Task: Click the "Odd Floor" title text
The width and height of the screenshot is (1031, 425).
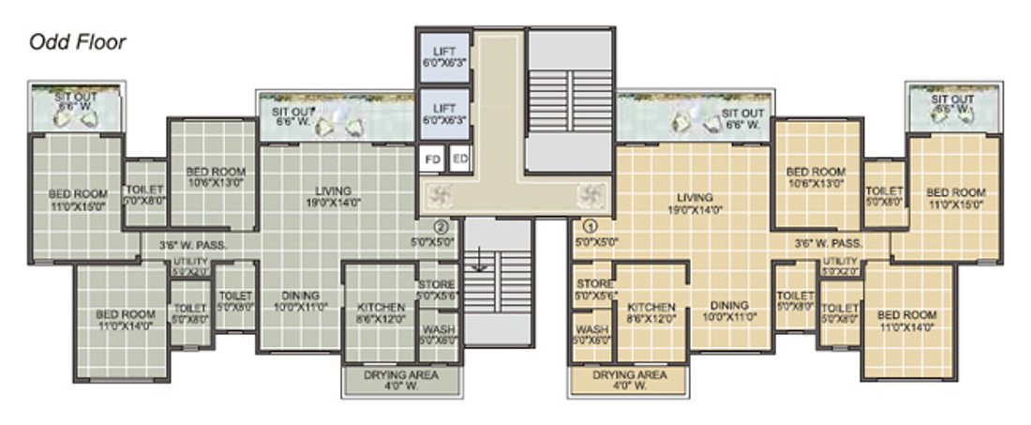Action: pyautogui.click(x=77, y=42)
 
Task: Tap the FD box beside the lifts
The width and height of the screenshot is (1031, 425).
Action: pyautogui.click(x=432, y=159)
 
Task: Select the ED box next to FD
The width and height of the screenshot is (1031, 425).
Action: pyautogui.click(x=459, y=159)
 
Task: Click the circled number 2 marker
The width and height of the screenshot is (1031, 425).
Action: pyautogui.click(x=441, y=225)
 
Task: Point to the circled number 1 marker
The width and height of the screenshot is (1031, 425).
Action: pyautogui.click(x=590, y=225)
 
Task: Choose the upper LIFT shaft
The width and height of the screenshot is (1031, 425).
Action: pyautogui.click(x=443, y=56)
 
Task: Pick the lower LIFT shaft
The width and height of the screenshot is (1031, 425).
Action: pyautogui.click(x=443, y=114)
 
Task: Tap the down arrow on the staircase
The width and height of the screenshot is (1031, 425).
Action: pyautogui.click(x=479, y=260)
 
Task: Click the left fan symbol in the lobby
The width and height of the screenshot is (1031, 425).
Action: pyautogui.click(x=438, y=195)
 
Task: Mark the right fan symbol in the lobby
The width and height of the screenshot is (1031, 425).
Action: pyautogui.click(x=590, y=195)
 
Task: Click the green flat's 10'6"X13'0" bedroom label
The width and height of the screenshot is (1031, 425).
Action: pyautogui.click(x=215, y=177)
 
